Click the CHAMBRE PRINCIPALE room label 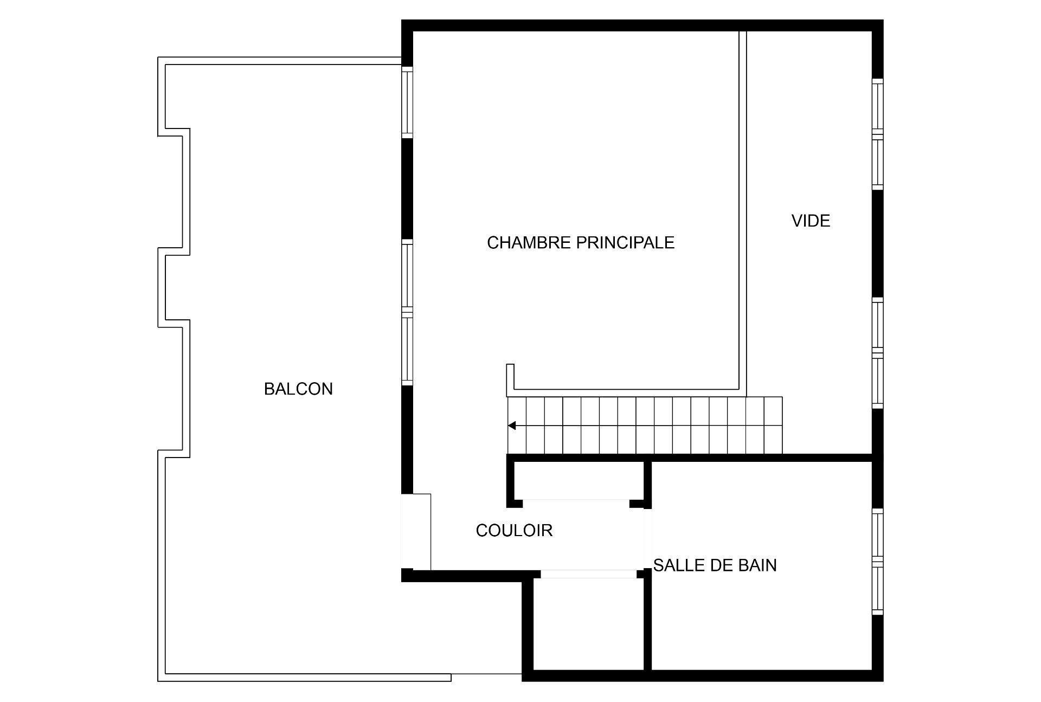pyautogui.click(x=580, y=242)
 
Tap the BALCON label pyautogui.click(x=298, y=389)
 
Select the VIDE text pyautogui.click(x=811, y=221)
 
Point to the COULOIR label pyautogui.click(x=514, y=530)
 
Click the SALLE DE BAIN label pyautogui.click(x=715, y=565)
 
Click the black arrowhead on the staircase pyautogui.click(x=512, y=426)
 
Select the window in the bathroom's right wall pyautogui.click(x=877, y=562)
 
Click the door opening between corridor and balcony pyautogui.click(x=415, y=532)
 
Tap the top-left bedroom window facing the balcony pyautogui.click(x=407, y=102)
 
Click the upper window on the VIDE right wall pyautogui.click(x=877, y=134)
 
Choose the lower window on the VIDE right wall pyautogui.click(x=877, y=353)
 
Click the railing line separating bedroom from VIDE pyautogui.click(x=743, y=211)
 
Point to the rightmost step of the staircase pyautogui.click(x=773, y=426)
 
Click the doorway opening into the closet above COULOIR pyautogui.click(x=575, y=503)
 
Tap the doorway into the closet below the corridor pyautogui.click(x=589, y=574)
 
